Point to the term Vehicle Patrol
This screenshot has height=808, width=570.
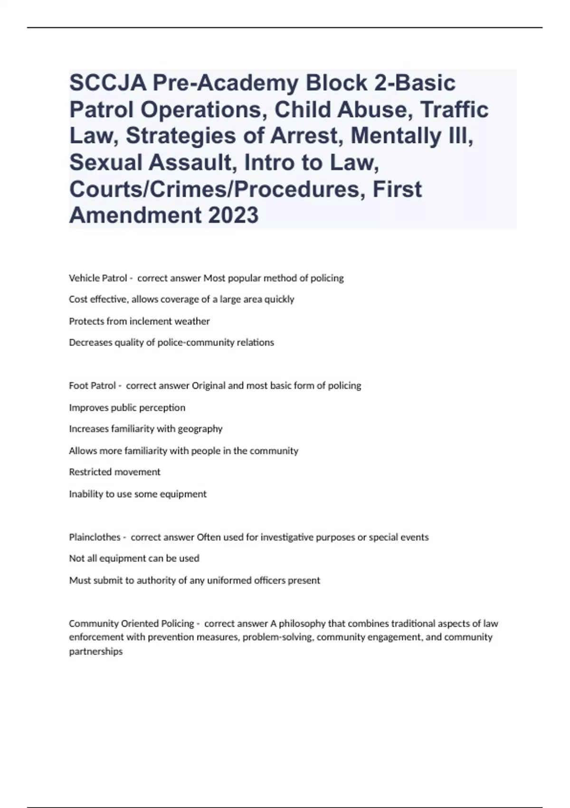pyautogui.click(x=98, y=278)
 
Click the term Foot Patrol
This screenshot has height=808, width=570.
pyautogui.click(x=92, y=385)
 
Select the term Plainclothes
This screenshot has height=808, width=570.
pyautogui.click(x=95, y=537)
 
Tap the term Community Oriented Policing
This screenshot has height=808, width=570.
pyautogui.click(x=132, y=623)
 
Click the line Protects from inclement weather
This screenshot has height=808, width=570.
pyautogui.click(x=139, y=321)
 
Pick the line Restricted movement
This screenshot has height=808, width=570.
pyautogui.click(x=114, y=472)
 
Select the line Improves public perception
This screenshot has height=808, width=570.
pyautogui.click(x=127, y=407)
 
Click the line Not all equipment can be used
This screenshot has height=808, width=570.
pyautogui.click(x=134, y=558)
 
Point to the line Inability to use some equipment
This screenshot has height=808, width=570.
pyautogui.click(x=138, y=494)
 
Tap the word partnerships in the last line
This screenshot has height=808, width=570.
pyautogui.click(x=95, y=651)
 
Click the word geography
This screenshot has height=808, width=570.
pyautogui.click(x=199, y=429)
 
